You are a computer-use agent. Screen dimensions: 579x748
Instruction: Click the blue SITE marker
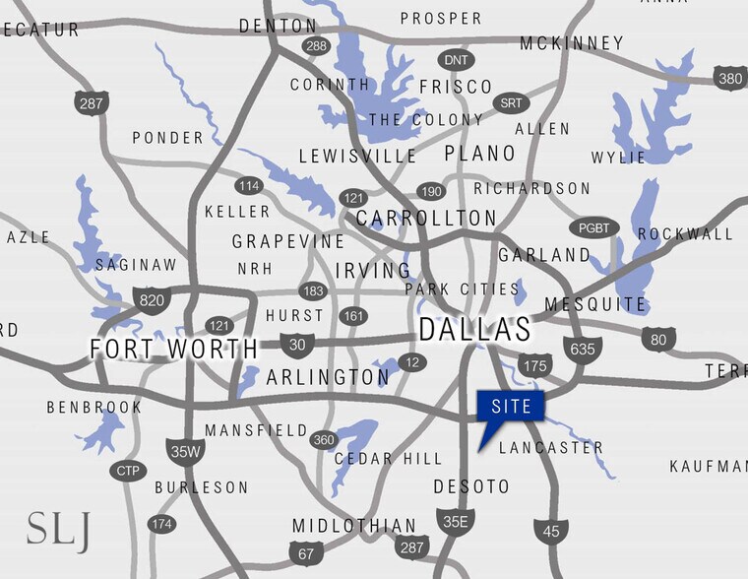(x=510, y=406)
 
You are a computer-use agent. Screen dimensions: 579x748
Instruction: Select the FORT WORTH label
(x=173, y=349)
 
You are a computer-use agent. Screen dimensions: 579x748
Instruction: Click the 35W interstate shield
(x=185, y=452)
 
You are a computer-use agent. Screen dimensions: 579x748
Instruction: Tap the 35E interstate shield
(x=455, y=521)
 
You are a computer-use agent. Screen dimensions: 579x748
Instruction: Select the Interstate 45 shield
(x=551, y=530)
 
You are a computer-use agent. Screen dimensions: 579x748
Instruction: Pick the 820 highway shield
(x=151, y=300)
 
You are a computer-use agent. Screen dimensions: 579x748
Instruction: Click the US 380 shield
(x=730, y=79)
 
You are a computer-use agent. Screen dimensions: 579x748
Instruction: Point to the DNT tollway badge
(x=455, y=60)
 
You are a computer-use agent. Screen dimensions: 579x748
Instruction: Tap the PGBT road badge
(x=594, y=227)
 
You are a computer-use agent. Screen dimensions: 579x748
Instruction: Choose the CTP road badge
(x=128, y=471)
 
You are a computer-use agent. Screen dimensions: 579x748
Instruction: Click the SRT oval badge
(x=512, y=102)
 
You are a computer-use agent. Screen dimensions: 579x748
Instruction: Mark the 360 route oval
(x=324, y=440)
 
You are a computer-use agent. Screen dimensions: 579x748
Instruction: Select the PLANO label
(x=479, y=153)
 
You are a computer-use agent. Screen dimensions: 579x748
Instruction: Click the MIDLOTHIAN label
(x=354, y=526)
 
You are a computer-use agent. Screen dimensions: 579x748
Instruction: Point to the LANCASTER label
(x=551, y=447)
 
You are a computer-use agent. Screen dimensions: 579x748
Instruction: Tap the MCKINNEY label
(x=572, y=42)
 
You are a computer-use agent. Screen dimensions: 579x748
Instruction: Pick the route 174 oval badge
(x=162, y=524)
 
